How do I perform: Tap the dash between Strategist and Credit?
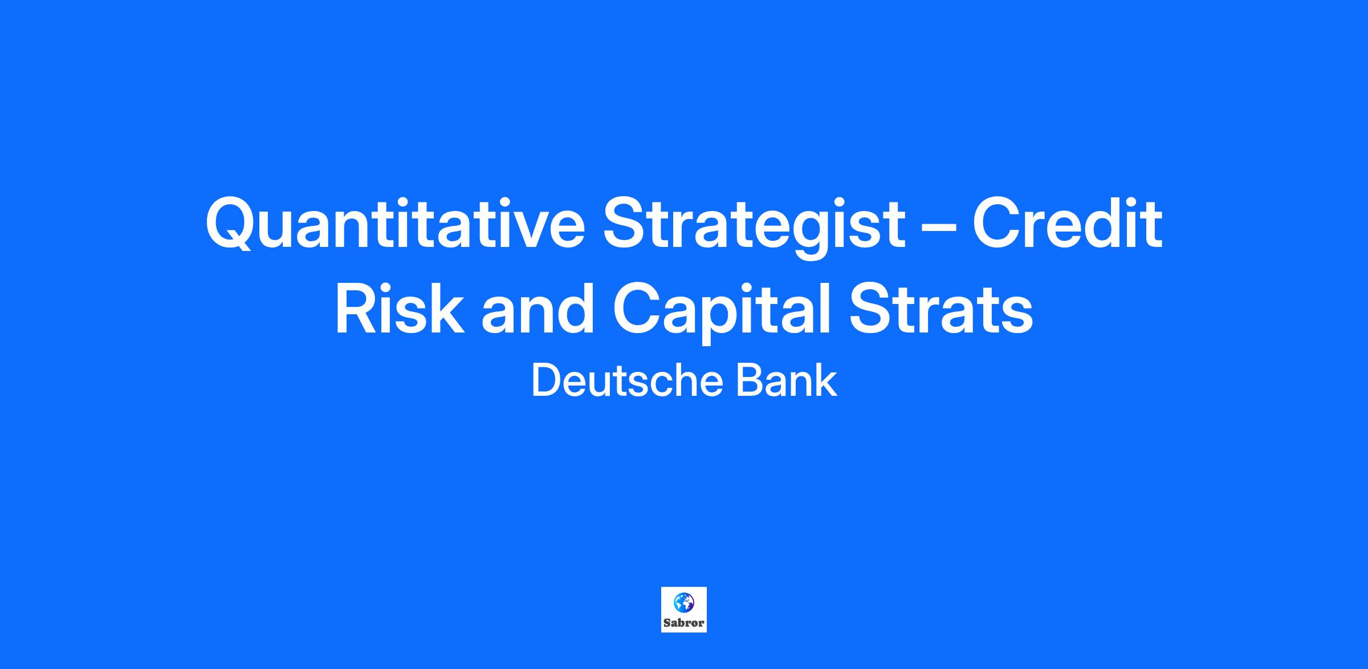tap(939, 228)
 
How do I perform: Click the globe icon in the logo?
tap(684, 602)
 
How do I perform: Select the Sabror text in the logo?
tap(684, 623)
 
